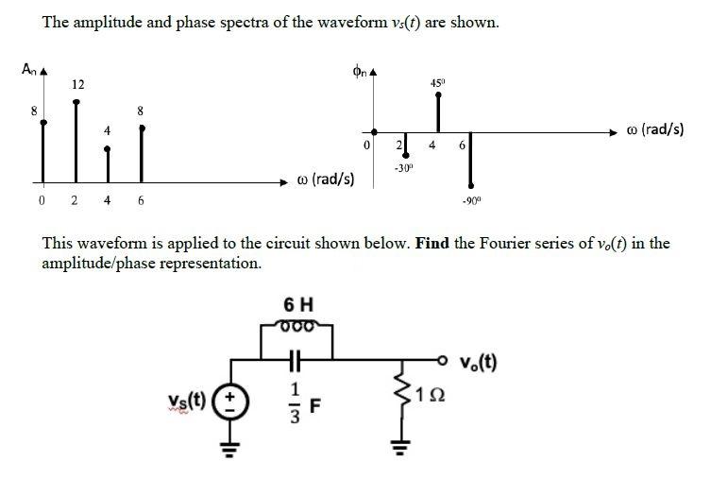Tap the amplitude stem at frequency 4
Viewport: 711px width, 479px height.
click(x=107, y=165)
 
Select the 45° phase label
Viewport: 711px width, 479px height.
click(x=438, y=83)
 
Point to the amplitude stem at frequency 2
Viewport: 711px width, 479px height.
click(x=76, y=141)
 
